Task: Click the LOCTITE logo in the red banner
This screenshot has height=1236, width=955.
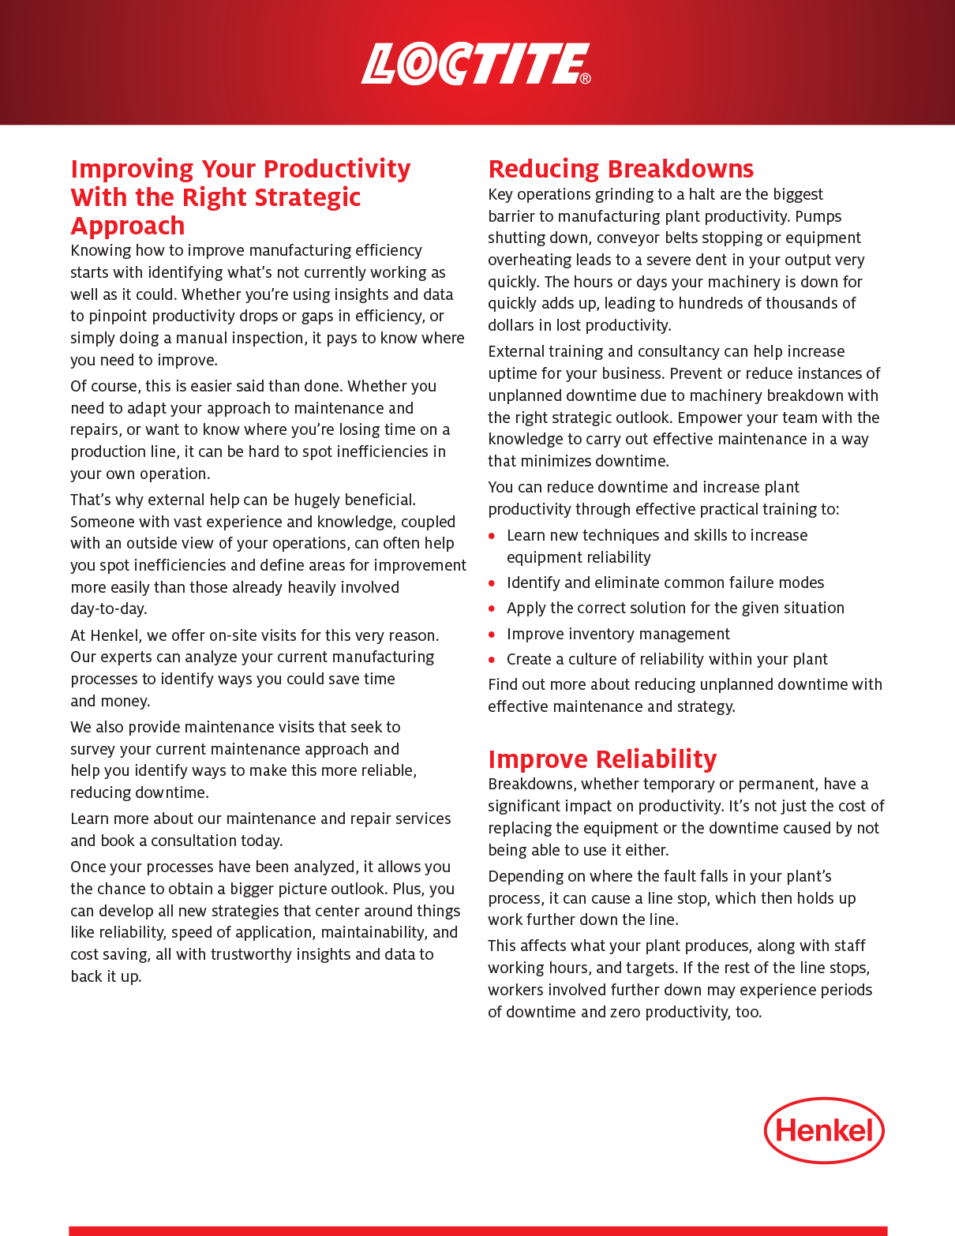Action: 474,64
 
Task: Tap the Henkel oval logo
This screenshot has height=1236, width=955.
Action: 824,1130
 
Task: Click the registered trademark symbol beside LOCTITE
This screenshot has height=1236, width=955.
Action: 585,78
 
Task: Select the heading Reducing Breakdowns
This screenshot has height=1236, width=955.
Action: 620,169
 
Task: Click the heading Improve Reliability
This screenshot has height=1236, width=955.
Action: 602,759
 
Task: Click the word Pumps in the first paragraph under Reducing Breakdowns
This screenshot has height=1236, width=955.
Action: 818,216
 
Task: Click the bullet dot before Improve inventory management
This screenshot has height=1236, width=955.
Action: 492,635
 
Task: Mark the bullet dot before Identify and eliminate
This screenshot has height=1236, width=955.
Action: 492,583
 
